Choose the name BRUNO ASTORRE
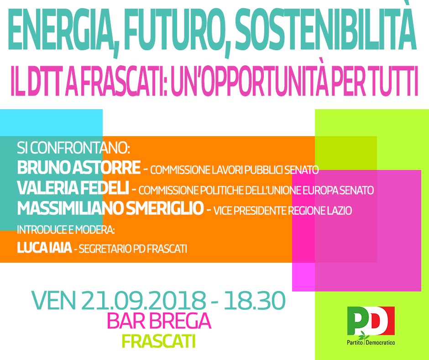point(79,168)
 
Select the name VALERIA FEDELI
point(73,188)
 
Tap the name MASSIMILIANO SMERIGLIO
point(110,208)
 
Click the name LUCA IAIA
point(44,248)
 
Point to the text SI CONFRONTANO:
point(73,148)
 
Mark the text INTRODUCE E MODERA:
point(66,230)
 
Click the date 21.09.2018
point(143,300)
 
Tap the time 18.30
point(255,300)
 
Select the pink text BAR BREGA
point(159,321)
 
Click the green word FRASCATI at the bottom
point(158,341)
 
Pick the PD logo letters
point(371,321)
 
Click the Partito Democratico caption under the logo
point(371,343)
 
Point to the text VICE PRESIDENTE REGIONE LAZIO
point(283,211)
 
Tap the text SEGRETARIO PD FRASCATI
point(133,249)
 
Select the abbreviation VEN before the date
point(54,300)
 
